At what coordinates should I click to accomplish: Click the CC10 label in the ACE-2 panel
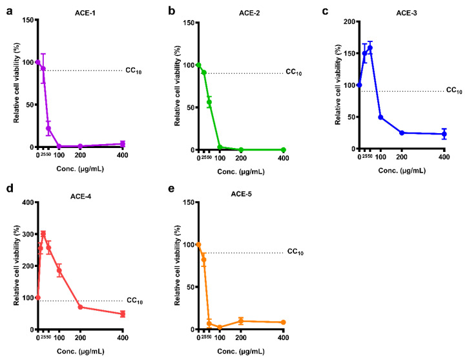(x=295, y=72)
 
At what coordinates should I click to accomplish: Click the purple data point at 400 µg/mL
(x=122, y=144)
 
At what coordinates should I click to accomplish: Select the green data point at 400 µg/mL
(x=283, y=149)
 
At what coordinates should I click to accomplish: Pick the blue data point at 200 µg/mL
(x=402, y=133)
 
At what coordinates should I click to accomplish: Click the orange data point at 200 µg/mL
(x=240, y=321)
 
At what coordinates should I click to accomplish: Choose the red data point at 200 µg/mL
(x=80, y=307)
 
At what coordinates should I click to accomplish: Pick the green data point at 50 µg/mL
(x=209, y=102)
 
